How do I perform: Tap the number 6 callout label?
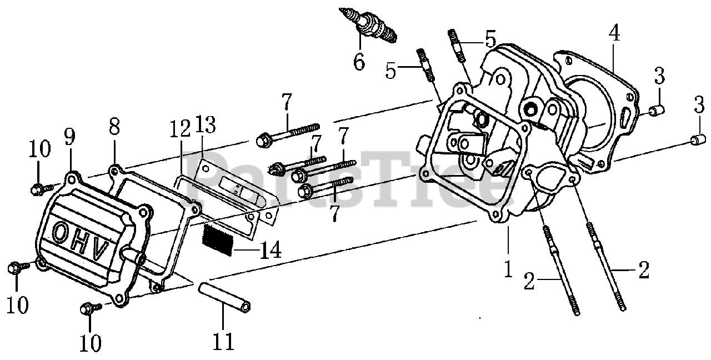coord(359,61)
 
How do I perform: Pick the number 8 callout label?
coord(114,128)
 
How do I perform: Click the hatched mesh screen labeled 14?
coord(217,240)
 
